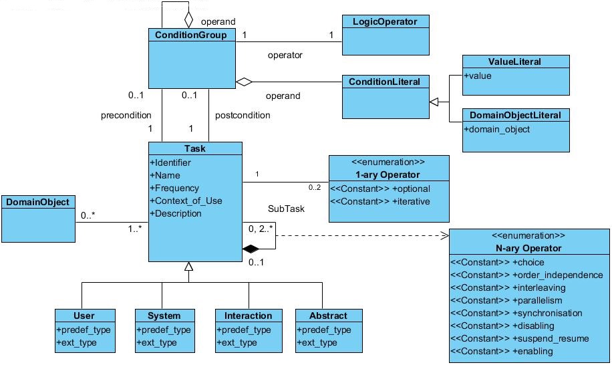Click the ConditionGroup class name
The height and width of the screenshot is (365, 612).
click(190, 35)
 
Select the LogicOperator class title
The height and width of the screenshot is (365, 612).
click(385, 22)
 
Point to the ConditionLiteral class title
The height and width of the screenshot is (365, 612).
click(385, 82)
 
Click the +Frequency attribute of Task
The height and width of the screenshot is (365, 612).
click(176, 188)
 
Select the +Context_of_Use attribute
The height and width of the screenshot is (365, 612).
click(186, 201)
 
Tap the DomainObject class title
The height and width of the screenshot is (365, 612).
click(37, 201)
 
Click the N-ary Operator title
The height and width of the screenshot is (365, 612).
click(528, 248)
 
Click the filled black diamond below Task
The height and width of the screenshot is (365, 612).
click(251, 249)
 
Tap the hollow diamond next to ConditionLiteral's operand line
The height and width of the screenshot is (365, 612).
click(245, 82)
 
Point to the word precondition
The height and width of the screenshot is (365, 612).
click(126, 115)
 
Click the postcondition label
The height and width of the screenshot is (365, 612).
click(243, 115)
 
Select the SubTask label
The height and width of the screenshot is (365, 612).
click(286, 209)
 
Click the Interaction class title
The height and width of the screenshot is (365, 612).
click(249, 316)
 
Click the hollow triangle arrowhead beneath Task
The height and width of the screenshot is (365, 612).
click(189, 267)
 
